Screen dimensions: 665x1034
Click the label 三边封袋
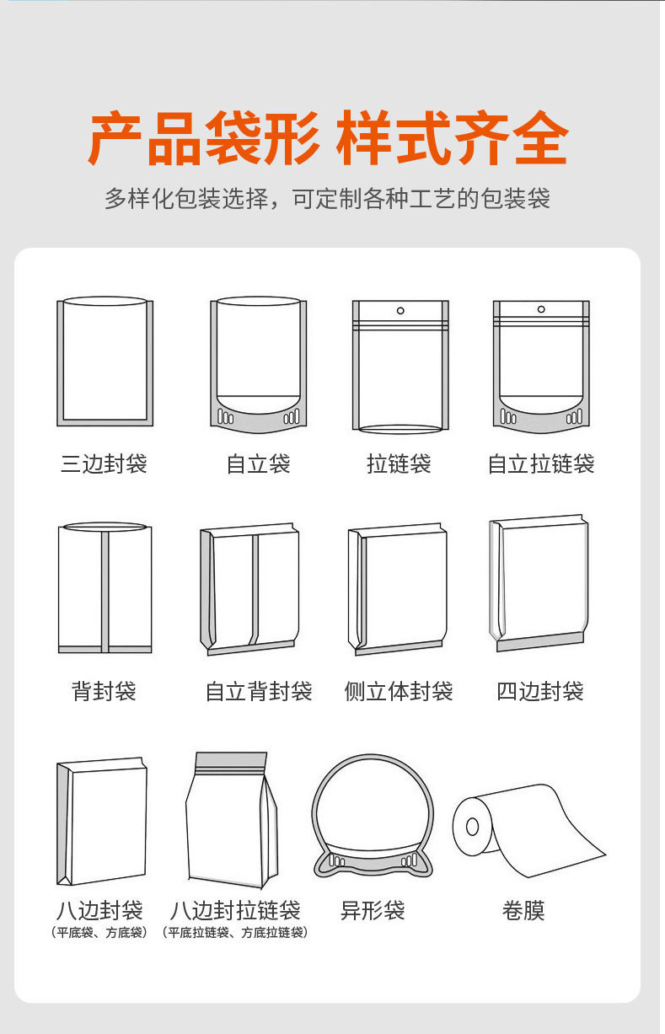click(x=104, y=463)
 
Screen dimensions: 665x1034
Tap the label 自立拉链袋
click(x=541, y=463)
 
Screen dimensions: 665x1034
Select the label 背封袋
click(x=104, y=691)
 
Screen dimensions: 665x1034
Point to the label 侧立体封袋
click(x=399, y=691)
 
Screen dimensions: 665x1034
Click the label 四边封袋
click(x=540, y=691)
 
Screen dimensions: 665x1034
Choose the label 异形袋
click(x=373, y=910)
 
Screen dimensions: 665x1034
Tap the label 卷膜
click(x=523, y=910)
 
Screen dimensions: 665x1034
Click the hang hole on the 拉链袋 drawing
click(x=400, y=311)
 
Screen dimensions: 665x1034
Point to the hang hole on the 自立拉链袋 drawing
click(x=541, y=308)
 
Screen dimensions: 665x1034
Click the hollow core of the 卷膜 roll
click(x=472, y=827)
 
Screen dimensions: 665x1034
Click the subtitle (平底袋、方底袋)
click(x=99, y=932)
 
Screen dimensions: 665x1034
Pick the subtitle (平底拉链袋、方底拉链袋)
click(x=234, y=932)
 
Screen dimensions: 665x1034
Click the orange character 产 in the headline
click(x=115, y=137)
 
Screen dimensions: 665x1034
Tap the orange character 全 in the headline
click(x=541, y=137)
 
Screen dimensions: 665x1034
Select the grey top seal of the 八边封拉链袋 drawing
click(x=231, y=760)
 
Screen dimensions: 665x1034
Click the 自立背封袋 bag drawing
click(x=249, y=589)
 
